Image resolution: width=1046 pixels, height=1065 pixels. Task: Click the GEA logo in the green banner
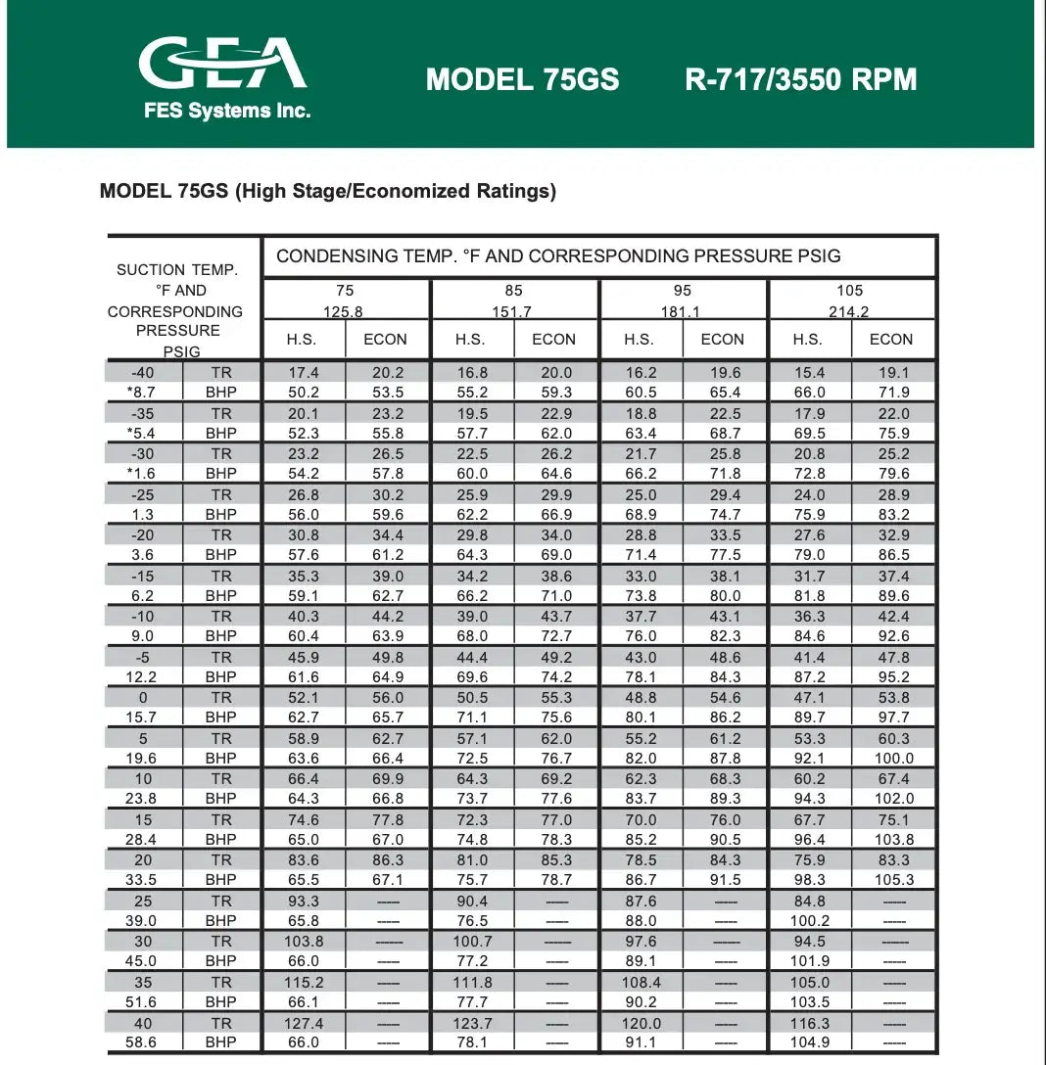click(223, 65)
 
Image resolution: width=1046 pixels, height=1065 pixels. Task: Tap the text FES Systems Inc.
click(226, 111)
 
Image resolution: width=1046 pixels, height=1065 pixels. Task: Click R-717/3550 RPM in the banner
click(800, 79)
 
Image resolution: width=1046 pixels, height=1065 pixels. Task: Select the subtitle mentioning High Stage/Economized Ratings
click(327, 191)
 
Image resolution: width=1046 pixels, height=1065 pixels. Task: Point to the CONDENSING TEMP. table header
click(558, 256)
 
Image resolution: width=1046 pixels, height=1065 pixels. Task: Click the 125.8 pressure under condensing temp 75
click(345, 312)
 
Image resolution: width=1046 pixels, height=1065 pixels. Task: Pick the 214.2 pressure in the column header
click(849, 312)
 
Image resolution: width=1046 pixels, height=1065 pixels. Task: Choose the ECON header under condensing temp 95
click(722, 339)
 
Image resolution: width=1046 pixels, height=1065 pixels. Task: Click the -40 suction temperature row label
click(142, 373)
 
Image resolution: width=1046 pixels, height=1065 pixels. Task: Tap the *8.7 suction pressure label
click(141, 393)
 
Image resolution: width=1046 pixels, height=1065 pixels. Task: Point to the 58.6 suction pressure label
click(141, 1042)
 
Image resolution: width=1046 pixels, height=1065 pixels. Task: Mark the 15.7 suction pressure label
click(142, 718)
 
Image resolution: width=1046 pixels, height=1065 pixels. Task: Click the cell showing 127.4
click(304, 1023)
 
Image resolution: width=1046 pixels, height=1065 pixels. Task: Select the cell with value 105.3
click(893, 880)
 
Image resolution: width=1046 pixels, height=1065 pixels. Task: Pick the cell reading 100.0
click(893, 758)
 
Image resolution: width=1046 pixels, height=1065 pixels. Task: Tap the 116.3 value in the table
click(809, 1023)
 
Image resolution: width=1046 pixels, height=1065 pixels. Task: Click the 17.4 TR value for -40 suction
click(304, 373)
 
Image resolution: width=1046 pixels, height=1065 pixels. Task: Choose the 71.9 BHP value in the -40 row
click(893, 393)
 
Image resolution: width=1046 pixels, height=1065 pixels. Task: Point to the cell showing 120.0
click(641, 1023)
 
